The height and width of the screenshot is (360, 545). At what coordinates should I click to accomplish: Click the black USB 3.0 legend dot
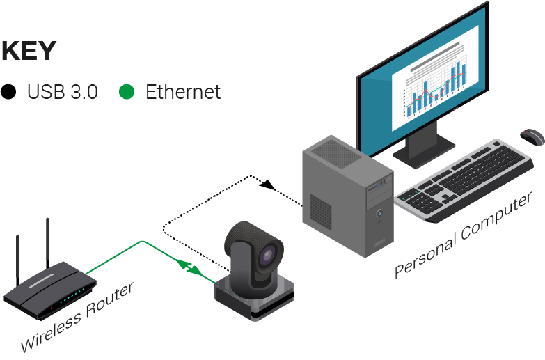click(x=9, y=91)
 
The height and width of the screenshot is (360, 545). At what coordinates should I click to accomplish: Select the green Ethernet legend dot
click(x=127, y=91)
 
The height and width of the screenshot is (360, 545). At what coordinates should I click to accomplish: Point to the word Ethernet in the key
click(x=183, y=91)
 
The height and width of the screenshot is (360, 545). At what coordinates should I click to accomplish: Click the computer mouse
click(x=532, y=136)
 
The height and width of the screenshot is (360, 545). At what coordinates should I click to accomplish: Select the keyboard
click(x=466, y=180)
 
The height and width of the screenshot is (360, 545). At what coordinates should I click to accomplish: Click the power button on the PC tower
click(x=379, y=213)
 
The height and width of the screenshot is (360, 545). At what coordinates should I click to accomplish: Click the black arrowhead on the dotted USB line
click(x=267, y=186)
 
